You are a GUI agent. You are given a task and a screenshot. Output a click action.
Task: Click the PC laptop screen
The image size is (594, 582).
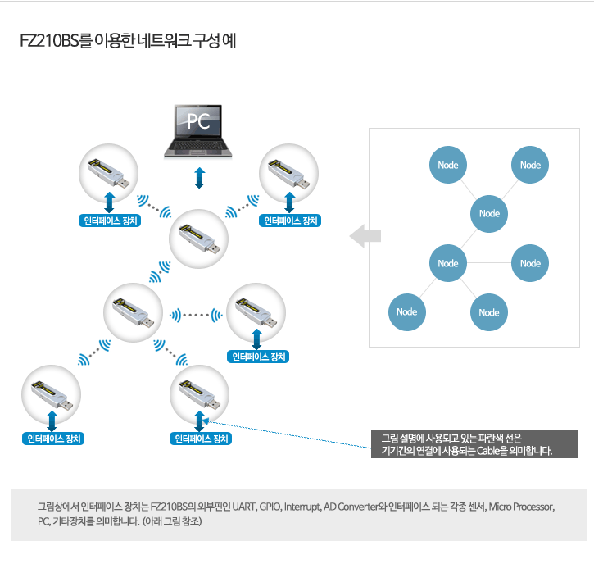[x=197, y=120]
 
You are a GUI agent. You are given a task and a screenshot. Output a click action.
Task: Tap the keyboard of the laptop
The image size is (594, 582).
[x=197, y=146]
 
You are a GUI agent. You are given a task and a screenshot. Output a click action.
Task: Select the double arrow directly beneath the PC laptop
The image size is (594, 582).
[x=199, y=178]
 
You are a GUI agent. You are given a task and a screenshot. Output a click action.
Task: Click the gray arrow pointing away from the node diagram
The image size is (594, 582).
[x=365, y=236]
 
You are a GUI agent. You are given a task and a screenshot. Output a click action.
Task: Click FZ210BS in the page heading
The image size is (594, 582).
[x=49, y=41]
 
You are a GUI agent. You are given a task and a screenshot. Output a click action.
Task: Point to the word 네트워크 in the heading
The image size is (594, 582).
[x=163, y=40]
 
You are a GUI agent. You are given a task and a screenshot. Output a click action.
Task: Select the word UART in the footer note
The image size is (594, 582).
[x=244, y=507]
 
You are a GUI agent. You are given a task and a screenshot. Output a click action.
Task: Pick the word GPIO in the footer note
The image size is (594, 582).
[x=270, y=507]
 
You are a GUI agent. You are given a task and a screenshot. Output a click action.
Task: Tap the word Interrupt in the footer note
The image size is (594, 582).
[x=302, y=507]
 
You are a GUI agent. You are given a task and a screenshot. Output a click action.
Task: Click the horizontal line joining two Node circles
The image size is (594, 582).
[x=488, y=262]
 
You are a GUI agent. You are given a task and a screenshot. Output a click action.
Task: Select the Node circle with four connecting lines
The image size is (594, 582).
[x=448, y=263]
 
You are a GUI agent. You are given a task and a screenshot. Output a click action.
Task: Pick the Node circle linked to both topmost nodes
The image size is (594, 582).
[x=488, y=214]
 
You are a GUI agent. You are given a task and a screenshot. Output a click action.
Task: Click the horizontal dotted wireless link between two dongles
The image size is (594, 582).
[x=196, y=315]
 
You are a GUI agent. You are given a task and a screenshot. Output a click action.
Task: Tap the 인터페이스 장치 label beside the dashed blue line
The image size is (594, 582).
[x=201, y=439]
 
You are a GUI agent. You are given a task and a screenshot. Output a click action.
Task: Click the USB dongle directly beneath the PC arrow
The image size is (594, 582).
[x=198, y=239]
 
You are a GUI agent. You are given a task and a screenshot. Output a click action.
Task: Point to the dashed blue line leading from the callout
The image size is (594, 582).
[x=288, y=434]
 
